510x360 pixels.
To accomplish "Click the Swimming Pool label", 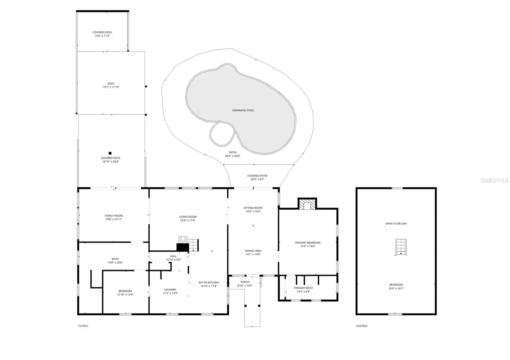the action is [x=243, y=110].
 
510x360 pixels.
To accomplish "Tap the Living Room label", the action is [x=188, y=217].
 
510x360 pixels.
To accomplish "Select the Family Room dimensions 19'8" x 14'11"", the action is [x=113, y=220].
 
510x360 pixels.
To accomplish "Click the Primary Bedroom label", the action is [x=308, y=242].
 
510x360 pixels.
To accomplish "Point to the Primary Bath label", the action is [x=303, y=288].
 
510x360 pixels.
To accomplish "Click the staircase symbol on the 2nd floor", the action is [x=401, y=247].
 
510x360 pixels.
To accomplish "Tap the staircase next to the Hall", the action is [x=193, y=245].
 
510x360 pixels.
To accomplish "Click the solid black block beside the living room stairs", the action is [x=183, y=248].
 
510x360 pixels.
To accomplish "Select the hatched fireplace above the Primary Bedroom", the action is [x=307, y=205].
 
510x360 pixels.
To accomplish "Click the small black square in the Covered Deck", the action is [x=110, y=153].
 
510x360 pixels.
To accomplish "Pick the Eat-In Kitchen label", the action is [x=208, y=283].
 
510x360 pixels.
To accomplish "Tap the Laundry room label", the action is [x=170, y=290].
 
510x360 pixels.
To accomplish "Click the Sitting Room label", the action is [x=253, y=208].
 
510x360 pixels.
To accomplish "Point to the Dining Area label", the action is [x=253, y=251].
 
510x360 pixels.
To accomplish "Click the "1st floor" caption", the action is [x=83, y=326].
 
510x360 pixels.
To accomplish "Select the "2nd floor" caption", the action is [x=362, y=326].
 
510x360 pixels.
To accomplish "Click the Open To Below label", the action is [x=396, y=224].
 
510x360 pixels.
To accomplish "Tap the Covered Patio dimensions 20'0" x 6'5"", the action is [x=257, y=179].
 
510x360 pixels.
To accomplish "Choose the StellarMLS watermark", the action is [x=494, y=180].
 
